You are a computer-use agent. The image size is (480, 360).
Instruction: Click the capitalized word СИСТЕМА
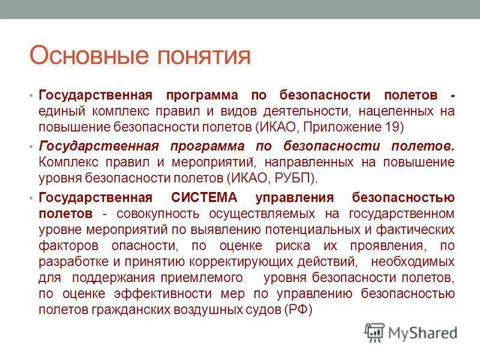tap(205, 198)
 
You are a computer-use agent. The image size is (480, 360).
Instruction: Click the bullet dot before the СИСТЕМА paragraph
tap(31, 199)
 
